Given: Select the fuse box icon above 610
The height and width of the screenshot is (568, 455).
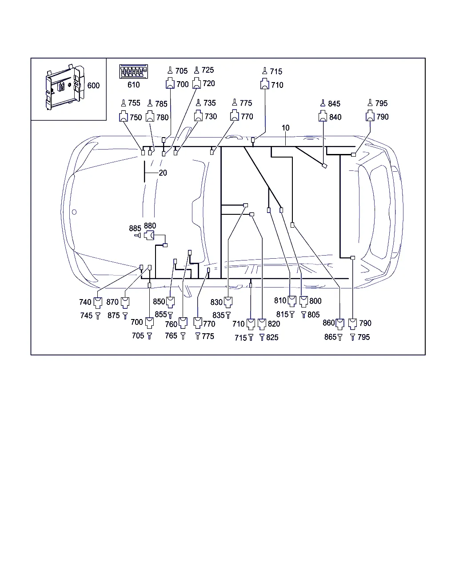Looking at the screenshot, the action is click(133, 71).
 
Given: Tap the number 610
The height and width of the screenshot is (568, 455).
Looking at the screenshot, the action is click(133, 85).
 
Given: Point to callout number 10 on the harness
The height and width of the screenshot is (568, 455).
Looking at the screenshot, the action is click(286, 128).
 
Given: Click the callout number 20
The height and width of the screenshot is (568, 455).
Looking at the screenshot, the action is click(163, 173).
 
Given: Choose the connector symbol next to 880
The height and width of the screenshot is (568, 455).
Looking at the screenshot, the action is click(149, 235).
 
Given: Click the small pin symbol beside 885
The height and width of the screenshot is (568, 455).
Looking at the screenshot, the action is click(138, 236).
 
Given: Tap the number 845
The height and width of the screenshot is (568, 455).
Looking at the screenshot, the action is click(334, 104).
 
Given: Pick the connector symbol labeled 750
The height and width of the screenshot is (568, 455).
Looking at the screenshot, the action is click(124, 116).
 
